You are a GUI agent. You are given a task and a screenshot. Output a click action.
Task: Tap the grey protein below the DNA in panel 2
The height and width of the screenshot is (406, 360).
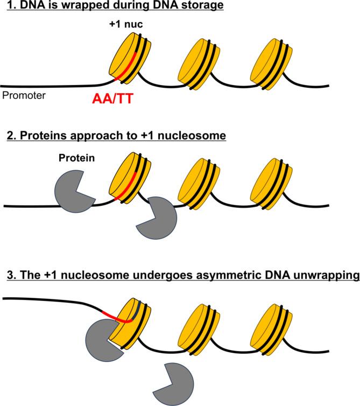(x=156, y=218)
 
